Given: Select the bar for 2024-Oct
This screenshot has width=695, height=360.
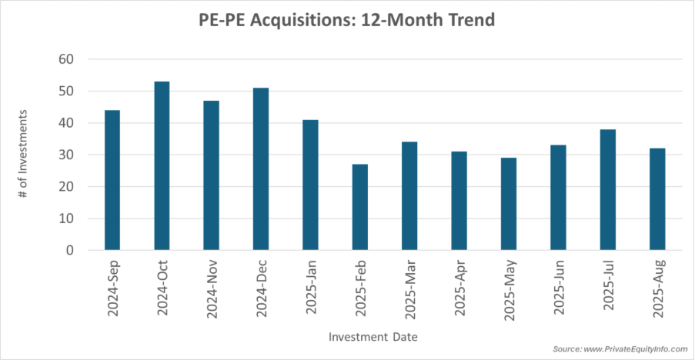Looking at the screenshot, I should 162,165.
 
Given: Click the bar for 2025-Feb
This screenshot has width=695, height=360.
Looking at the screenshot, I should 360,207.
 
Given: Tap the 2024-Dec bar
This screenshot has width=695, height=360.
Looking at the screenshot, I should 261,168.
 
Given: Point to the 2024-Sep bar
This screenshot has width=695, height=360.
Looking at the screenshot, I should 112,180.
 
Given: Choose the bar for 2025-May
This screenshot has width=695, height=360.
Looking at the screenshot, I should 509,204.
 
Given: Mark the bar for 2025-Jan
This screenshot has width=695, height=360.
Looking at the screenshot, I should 310,185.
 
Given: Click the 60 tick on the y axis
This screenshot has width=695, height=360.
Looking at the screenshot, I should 67,59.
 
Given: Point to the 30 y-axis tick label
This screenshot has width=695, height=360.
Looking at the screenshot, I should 67,155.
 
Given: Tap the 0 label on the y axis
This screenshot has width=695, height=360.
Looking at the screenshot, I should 70,250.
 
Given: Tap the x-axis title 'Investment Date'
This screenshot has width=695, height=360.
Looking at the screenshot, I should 373,337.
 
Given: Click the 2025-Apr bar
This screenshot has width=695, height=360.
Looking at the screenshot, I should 459,201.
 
